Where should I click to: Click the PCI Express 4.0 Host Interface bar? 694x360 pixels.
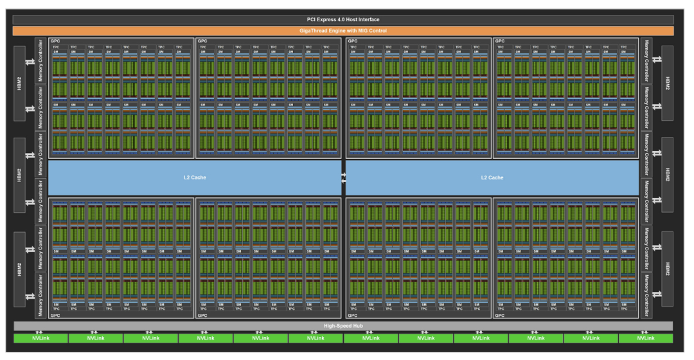(343, 20)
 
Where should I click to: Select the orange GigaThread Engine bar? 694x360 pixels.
(343, 31)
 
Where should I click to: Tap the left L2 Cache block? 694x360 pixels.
(195, 177)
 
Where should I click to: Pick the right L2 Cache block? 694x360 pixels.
(492, 177)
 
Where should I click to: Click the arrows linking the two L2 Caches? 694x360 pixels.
(344, 177)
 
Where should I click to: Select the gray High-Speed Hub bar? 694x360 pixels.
(343, 326)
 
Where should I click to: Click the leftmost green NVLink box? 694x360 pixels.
(40, 338)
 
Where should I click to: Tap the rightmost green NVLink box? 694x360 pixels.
(646, 338)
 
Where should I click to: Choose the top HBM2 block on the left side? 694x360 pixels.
(19, 84)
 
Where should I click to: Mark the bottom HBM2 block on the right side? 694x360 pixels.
(667, 269)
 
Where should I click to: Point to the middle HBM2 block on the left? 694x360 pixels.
(19, 175)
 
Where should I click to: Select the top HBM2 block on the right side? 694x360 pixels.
(667, 84)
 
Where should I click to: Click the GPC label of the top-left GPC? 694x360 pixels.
(55, 41)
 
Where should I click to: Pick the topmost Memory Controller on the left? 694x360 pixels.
(41, 60)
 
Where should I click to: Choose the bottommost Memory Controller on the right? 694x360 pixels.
(646, 295)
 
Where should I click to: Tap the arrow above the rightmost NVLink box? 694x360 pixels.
(646, 332)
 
